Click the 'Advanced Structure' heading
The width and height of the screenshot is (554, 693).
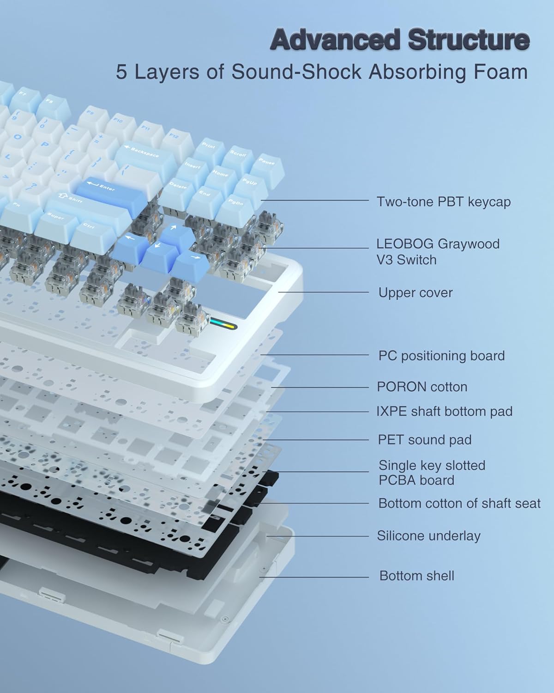click(400, 40)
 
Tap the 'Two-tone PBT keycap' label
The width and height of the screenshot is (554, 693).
click(444, 202)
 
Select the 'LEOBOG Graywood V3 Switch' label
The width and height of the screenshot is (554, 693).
click(438, 252)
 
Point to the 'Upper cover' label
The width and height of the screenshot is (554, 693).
click(415, 293)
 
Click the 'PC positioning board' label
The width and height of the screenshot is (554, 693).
click(441, 356)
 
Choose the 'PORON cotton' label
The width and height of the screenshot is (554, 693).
click(422, 387)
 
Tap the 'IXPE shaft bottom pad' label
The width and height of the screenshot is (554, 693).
click(444, 411)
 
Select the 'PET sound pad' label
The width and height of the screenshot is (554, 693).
click(425, 439)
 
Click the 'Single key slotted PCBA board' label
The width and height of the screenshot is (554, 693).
click(432, 473)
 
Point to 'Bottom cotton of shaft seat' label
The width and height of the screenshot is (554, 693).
click(459, 503)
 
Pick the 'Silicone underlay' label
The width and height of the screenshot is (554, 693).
click(429, 536)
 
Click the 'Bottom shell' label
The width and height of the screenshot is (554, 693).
click(416, 576)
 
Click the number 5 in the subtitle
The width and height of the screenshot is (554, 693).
click(121, 73)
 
